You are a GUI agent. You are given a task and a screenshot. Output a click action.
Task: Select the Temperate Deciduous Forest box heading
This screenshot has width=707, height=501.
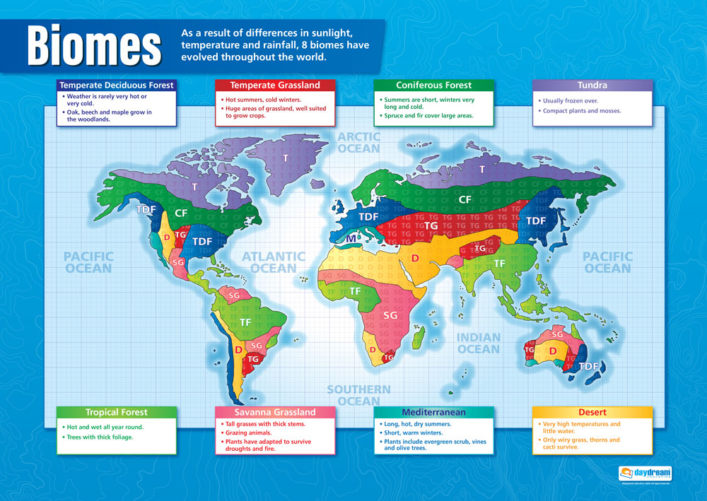tap(117, 85)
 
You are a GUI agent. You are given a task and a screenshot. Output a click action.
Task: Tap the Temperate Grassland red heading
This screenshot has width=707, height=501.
tap(275, 85)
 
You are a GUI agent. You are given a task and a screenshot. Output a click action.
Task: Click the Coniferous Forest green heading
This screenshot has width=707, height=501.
tap(433, 85)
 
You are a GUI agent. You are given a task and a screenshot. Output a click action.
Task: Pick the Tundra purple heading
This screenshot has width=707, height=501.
tap(592, 85)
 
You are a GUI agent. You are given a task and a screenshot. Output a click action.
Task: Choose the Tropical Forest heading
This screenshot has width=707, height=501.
tap(117, 412)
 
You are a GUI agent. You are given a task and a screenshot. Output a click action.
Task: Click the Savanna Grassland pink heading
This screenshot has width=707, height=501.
tap(275, 412)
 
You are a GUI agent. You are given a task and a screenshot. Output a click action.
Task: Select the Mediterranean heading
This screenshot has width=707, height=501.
tap(433, 412)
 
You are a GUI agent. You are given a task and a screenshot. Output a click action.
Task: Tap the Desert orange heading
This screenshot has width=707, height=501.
tap(592, 412)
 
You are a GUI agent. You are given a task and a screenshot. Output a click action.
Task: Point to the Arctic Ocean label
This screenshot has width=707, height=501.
tap(358, 143)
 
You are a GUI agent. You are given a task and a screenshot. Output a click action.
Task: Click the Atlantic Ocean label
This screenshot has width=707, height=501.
tap(274, 262)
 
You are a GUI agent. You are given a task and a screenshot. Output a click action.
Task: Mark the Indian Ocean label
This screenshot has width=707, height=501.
tap(478, 343)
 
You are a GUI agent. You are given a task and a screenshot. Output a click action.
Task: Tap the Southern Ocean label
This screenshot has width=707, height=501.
tap(358, 395)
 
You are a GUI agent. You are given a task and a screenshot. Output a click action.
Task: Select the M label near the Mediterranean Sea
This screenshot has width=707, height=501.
tap(351, 239)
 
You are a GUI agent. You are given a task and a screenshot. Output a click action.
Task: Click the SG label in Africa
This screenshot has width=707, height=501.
tap(390, 316)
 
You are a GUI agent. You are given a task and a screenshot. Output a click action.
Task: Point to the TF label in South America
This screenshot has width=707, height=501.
tap(245, 322)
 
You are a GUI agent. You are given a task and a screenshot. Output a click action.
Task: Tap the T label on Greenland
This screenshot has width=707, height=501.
tap(286, 158)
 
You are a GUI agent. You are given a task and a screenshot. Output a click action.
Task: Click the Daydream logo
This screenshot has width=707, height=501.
tap(645, 473)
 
